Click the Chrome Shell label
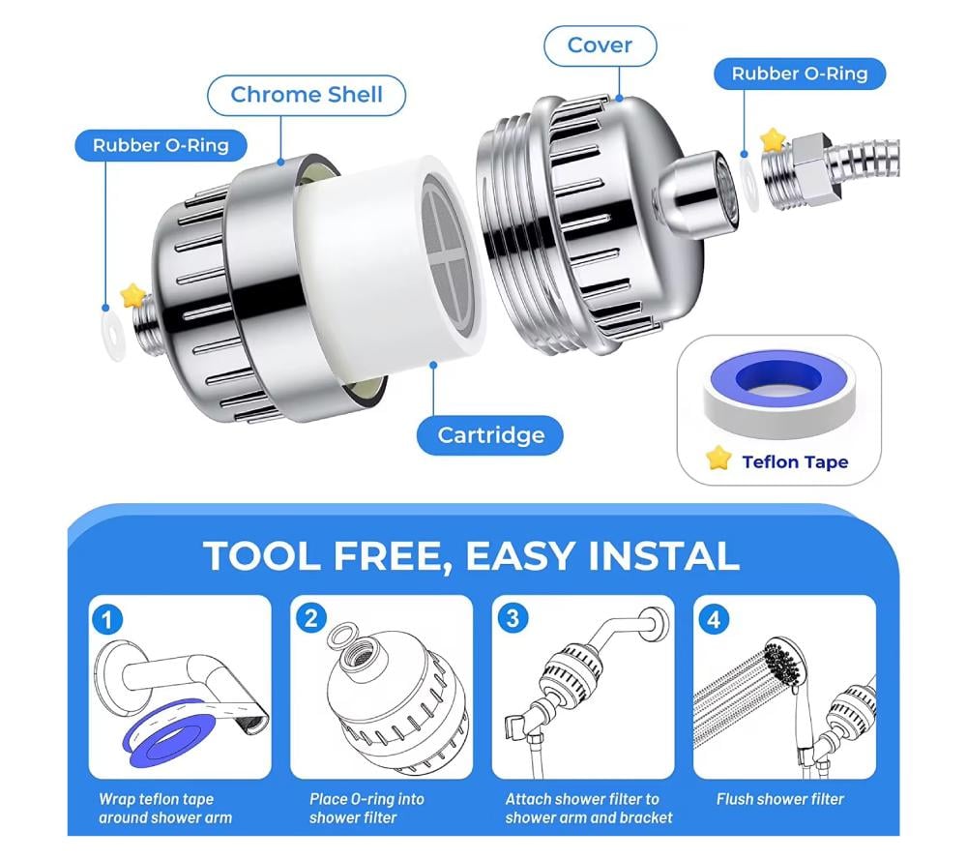[x=307, y=95]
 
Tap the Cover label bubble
[x=601, y=45]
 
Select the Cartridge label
[x=490, y=435]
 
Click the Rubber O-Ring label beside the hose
[x=800, y=74]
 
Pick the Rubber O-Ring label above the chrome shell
[x=161, y=146]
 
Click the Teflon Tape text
[x=795, y=462]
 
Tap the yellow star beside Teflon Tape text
[x=718, y=458]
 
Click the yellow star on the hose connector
[x=772, y=140]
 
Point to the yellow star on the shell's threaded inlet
[x=132, y=295]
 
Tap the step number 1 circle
[x=107, y=619]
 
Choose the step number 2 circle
[x=310, y=618]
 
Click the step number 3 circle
[x=513, y=618]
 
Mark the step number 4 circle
[x=714, y=619]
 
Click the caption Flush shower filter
[x=780, y=800]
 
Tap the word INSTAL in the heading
[x=663, y=556]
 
